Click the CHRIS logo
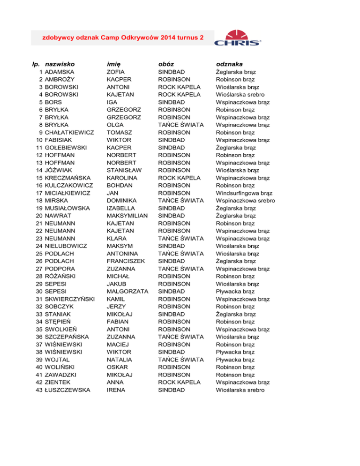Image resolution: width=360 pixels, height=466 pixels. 238,38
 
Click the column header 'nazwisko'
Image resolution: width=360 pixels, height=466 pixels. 60,63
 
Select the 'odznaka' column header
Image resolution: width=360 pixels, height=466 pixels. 229,63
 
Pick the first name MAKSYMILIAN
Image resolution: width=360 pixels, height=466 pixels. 127,216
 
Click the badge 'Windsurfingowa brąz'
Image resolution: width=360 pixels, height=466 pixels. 245,193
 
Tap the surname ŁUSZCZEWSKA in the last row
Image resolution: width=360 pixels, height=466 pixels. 67,390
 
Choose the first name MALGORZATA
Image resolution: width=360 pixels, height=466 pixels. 127,292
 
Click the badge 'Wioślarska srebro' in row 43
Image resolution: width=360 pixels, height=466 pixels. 240,390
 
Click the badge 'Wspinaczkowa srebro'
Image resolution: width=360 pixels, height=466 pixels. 246,201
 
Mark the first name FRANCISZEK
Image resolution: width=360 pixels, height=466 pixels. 126,261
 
